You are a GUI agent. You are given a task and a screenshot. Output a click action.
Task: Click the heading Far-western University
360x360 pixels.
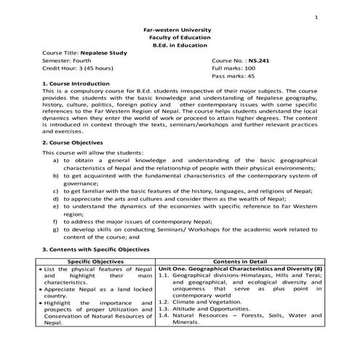click(x=179, y=29)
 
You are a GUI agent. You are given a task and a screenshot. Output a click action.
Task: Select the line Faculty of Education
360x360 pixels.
click(x=179, y=37)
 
